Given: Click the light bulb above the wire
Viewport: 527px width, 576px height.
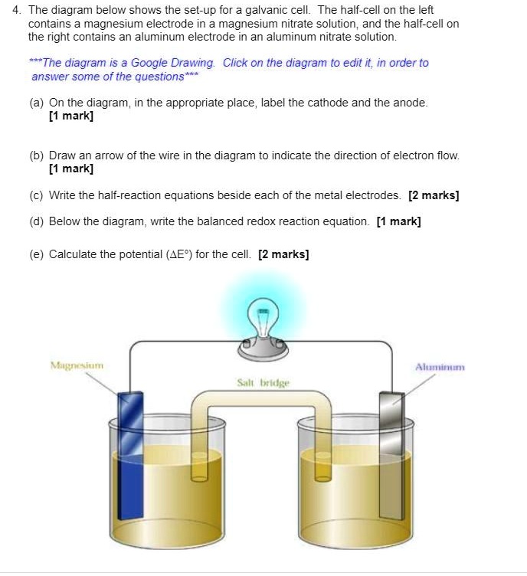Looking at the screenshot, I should pos(262,319).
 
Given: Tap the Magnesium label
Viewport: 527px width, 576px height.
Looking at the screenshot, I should pos(77,365).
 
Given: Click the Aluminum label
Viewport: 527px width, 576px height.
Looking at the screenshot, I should pos(440,367).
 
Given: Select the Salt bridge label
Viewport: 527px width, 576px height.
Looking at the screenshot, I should pos(263,381).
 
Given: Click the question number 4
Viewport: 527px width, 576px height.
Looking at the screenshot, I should pos(15,10).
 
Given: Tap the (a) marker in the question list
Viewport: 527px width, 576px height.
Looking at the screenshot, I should pos(37,103).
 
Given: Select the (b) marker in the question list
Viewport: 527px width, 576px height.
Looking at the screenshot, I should pos(37,155).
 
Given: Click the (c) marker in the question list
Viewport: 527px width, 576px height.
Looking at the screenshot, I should pos(37,195).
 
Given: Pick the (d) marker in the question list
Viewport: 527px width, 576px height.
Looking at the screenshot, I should pos(37,221).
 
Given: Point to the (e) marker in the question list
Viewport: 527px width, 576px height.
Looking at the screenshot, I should pos(37,254).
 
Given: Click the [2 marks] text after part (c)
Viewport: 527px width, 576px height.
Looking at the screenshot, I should pos(434,195).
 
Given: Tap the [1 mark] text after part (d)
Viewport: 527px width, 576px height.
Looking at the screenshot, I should pos(398,221).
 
